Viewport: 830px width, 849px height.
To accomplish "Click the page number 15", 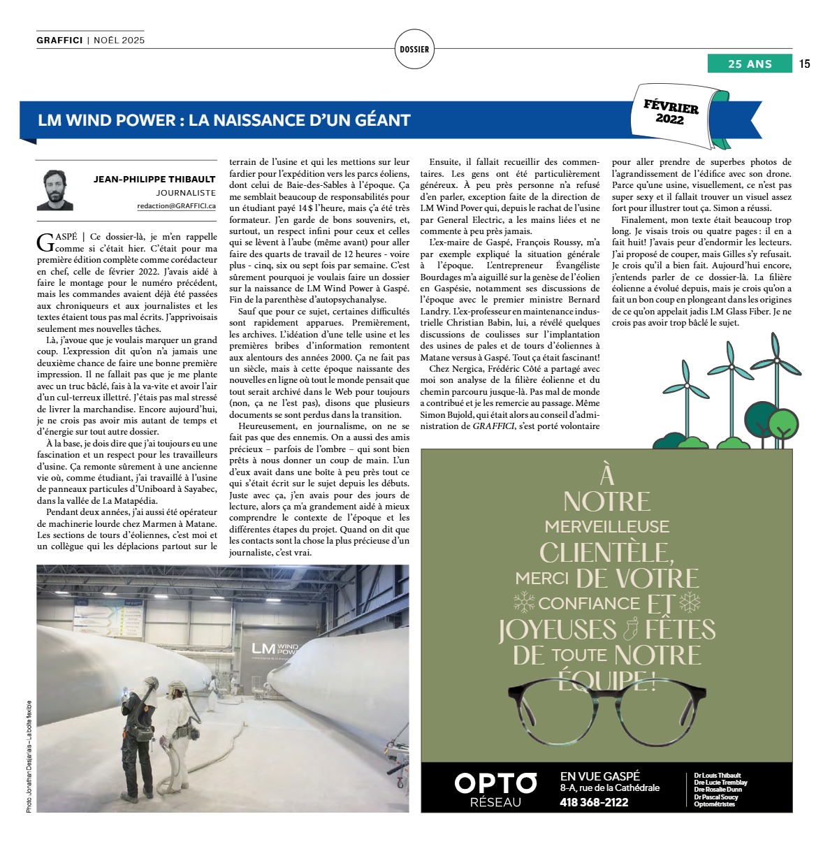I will pyautogui.click(x=804, y=64).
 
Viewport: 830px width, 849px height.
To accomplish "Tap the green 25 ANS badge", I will pyautogui.click(x=750, y=64).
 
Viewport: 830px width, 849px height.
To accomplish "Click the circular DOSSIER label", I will pyautogui.click(x=414, y=49).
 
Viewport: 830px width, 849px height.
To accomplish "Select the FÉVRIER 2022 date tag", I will pyautogui.click(x=671, y=113).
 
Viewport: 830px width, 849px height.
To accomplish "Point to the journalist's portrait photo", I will pyautogui.click(x=55, y=189).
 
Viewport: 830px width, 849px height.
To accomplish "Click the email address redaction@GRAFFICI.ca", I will pyautogui.click(x=176, y=206).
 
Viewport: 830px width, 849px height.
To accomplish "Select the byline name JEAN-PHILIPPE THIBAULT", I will pyautogui.click(x=154, y=179).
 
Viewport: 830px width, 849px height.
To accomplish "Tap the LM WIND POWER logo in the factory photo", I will pyautogui.click(x=275, y=650).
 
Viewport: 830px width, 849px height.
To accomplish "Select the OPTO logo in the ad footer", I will pyautogui.click(x=495, y=783).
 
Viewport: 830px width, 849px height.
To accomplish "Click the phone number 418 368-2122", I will pyautogui.click(x=594, y=802).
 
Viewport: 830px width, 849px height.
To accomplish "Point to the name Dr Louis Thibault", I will pyautogui.click(x=717, y=776).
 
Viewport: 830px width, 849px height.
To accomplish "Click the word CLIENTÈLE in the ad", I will pyautogui.click(x=606, y=553).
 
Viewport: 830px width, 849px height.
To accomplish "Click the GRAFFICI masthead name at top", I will pyautogui.click(x=60, y=41).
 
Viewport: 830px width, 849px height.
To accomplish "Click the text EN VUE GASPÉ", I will pyautogui.click(x=599, y=776).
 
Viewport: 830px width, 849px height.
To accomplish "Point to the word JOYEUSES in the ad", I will pyautogui.click(x=558, y=630).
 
